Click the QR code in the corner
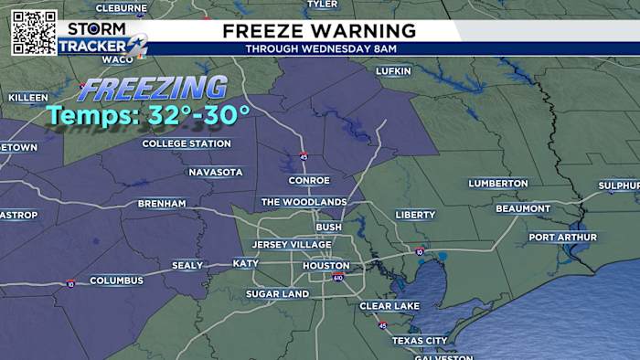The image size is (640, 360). tap(34, 32)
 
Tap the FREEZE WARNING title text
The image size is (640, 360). tap(318, 31)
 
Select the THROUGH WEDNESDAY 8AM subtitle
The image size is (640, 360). tap(318, 48)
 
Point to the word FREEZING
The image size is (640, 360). tap(152, 90)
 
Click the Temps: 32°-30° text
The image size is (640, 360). tap(148, 115)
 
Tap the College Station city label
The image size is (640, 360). tap(187, 143)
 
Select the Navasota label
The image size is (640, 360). tap(216, 172)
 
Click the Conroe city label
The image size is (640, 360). tap(308, 180)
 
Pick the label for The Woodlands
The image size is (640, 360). tap(304, 202)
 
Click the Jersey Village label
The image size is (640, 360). tap(292, 245)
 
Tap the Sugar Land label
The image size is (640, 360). tap(277, 294)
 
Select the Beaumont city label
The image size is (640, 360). tap(523, 208)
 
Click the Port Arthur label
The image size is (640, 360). tap(562, 238)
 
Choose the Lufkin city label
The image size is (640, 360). tap(393, 70)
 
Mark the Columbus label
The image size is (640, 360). tap(116, 281)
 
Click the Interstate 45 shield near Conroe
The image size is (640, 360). tap(303, 156)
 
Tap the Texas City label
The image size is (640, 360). tap(420, 340)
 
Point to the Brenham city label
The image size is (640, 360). tap(162, 203)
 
